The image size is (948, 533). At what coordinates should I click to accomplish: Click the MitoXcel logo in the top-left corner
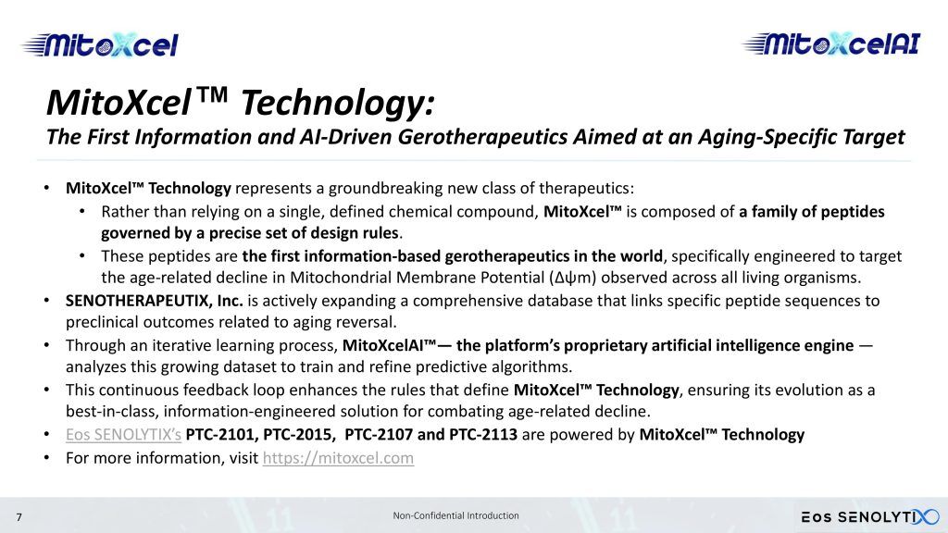(x=100, y=45)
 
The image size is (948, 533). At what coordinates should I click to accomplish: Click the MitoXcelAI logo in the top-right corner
(x=831, y=43)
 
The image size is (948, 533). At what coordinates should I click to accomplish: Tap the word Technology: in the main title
(x=338, y=103)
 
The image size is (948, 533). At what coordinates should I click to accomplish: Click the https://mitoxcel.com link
(x=338, y=458)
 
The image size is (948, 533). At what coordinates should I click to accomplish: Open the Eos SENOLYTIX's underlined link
(x=123, y=435)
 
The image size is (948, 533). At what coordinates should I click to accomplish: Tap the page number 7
(x=19, y=517)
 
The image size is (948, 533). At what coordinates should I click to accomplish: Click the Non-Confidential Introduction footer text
(x=455, y=515)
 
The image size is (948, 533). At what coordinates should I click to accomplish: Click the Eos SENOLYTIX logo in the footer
(x=870, y=516)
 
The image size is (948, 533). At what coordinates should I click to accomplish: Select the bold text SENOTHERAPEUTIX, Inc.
(x=155, y=301)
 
